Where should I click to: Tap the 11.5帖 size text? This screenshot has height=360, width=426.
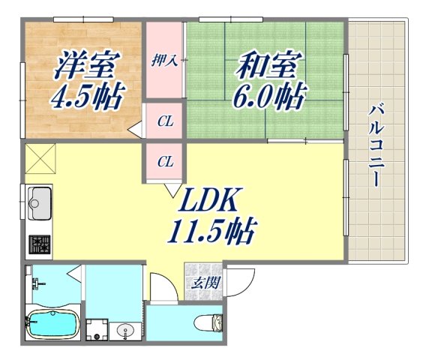tap(211, 229)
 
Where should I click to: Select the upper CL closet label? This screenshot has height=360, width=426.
tap(165, 120)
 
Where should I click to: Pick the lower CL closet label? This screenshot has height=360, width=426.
tap(165, 160)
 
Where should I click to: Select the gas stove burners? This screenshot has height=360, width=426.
tap(38, 244)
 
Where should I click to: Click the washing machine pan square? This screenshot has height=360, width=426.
tap(96, 328)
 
